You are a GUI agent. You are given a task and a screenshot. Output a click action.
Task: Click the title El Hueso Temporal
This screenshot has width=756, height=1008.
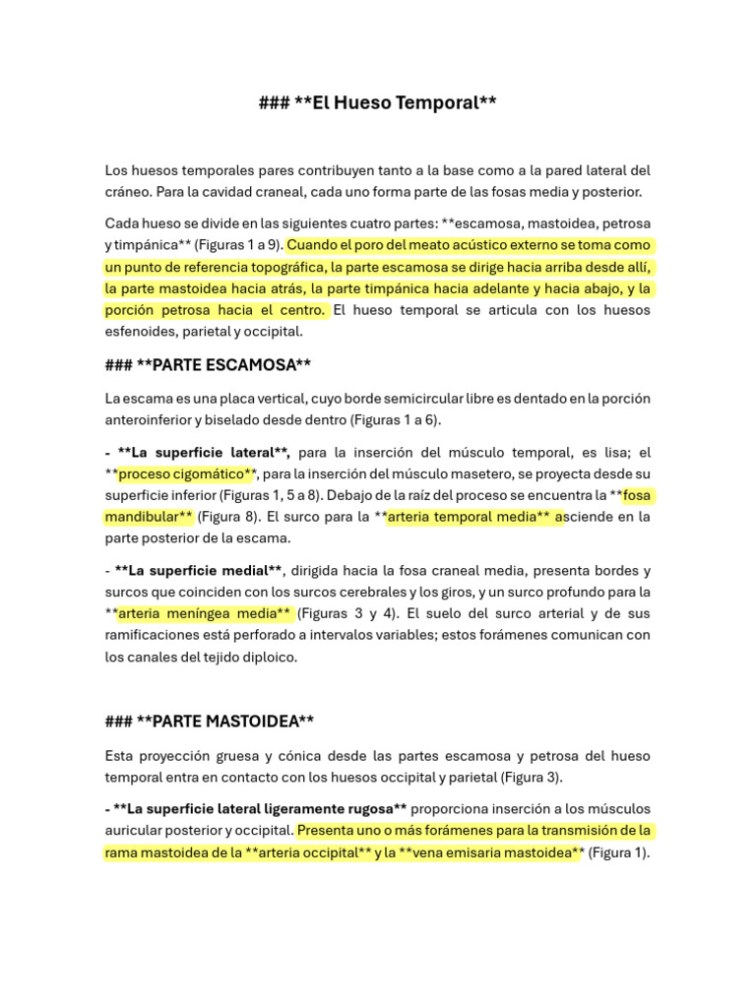click(x=377, y=103)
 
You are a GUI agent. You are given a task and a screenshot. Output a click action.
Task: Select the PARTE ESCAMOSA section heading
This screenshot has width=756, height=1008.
click(x=208, y=364)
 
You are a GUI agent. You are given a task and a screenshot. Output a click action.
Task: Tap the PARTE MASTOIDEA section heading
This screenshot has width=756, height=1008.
click(x=209, y=722)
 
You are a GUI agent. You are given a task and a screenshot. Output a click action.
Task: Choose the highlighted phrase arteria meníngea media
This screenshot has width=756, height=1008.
click(x=204, y=613)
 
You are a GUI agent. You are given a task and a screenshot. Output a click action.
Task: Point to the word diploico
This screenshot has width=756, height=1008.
click(x=264, y=657)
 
